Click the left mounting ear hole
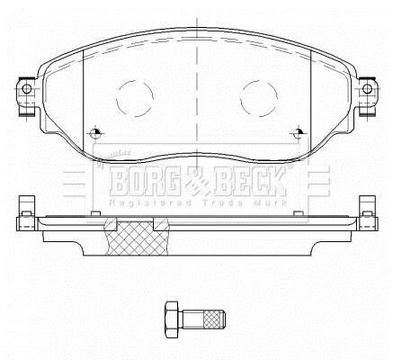point(27,89)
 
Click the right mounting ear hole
point(367,89)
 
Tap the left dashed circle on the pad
point(135,98)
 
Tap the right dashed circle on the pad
point(259,98)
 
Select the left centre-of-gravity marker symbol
point(95,132)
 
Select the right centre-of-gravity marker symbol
point(299,132)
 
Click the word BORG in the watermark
point(145,181)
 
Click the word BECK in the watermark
point(249,181)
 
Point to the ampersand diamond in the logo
point(197,182)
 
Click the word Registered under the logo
point(150,203)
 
